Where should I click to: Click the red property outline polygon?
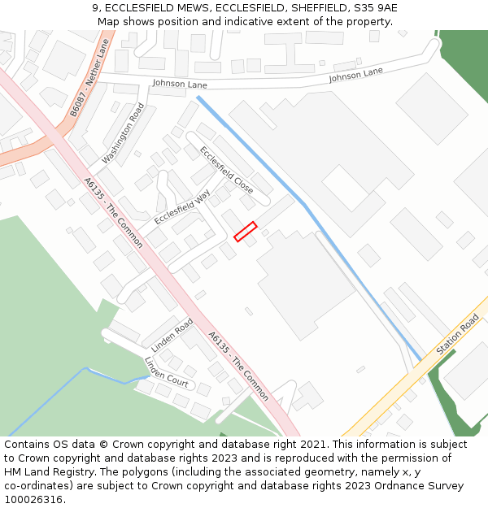click(x=246, y=232)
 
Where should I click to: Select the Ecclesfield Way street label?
click(x=182, y=206)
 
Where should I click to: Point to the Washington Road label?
click(x=123, y=133)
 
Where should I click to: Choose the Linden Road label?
click(x=172, y=335)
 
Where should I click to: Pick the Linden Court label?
click(x=166, y=371)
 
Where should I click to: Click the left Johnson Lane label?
click(x=180, y=84)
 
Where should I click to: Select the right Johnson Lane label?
click(x=355, y=76)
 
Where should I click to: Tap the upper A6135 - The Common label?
click(x=113, y=213)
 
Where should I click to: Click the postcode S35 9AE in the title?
click(x=374, y=8)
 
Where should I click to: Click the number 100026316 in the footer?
click(x=34, y=500)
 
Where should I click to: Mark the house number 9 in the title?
click(x=94, y=8)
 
